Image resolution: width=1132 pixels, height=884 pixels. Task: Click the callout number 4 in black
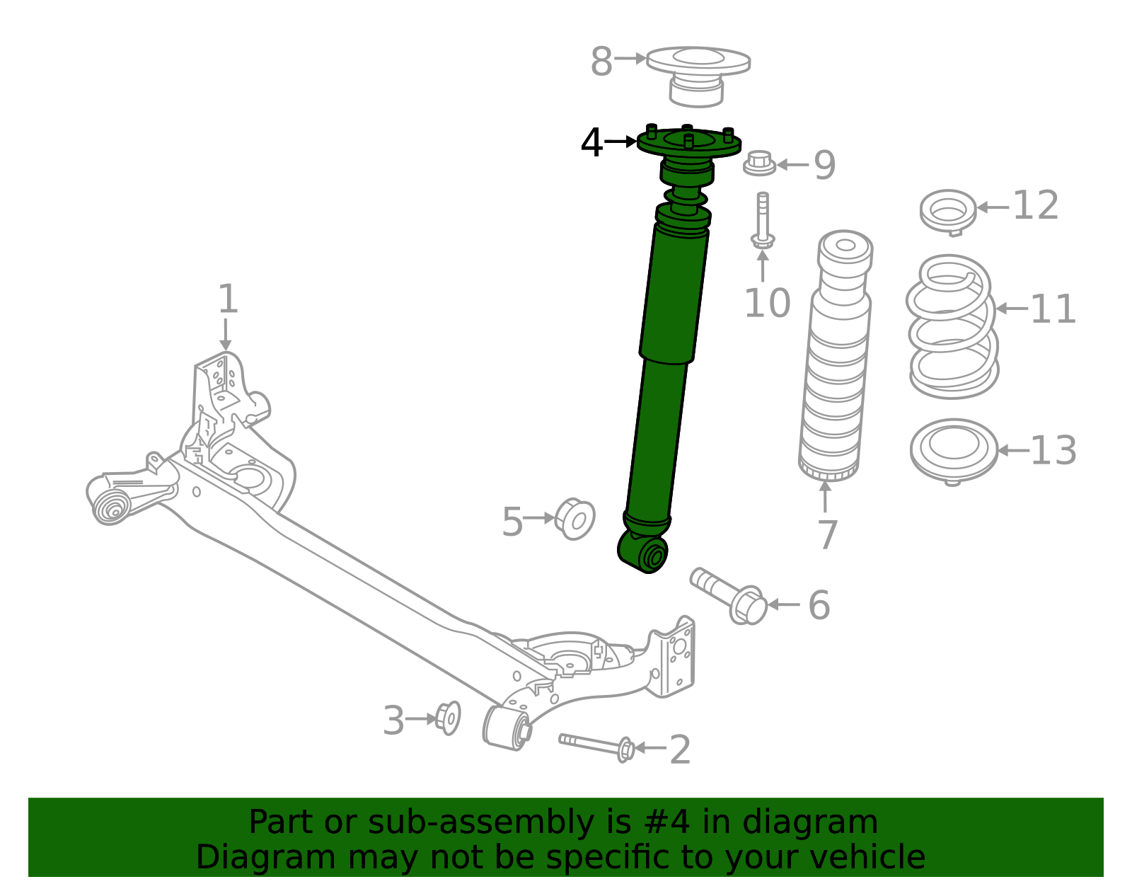[591, 143]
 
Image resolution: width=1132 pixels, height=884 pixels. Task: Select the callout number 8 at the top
[601, 62]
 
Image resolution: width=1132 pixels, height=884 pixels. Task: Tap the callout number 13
[1053, 451]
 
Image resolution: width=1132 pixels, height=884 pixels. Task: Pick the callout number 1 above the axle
[227, 299]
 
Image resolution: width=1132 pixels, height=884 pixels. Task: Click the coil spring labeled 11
[952, 326]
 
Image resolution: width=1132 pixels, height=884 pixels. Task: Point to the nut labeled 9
[759, 164]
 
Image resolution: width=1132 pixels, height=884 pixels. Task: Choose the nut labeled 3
[448, 718]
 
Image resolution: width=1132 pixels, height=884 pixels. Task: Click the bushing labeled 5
[575, 520]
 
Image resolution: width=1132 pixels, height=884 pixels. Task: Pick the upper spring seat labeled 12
[948, 211]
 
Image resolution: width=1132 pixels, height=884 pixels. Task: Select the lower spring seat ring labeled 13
[953, 449]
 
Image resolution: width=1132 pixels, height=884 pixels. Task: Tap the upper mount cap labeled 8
[698, 74]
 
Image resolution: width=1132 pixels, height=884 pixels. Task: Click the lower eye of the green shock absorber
[645, 553]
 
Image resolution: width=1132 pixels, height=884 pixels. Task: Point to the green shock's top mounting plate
[688, 144]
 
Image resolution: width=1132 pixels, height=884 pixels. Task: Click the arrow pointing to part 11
[1012, 309]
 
